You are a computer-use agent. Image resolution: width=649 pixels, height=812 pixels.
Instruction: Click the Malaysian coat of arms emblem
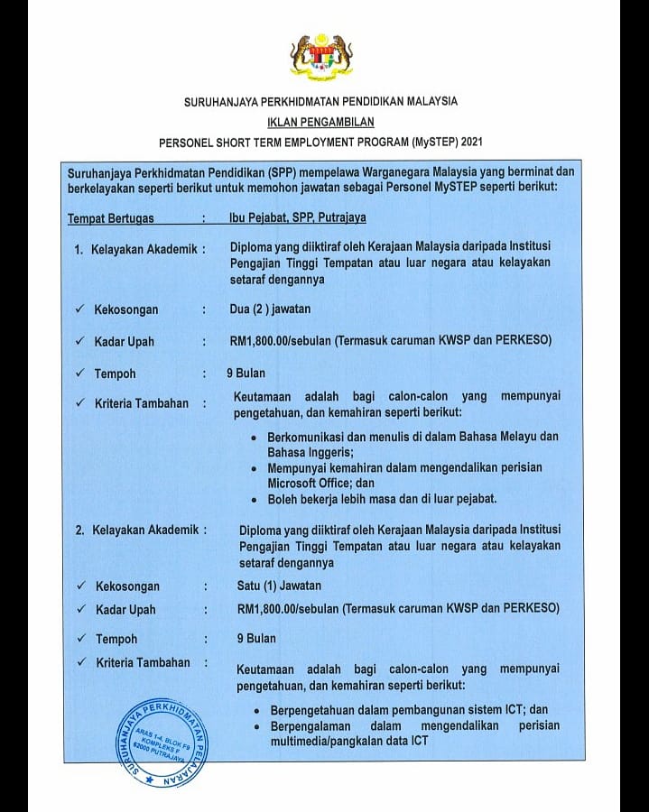(x=320, y=57)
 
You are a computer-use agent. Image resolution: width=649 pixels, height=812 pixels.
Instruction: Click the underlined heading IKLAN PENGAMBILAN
(x=320, y=121)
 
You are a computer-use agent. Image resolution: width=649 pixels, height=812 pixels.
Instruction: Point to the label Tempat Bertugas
(x=111, y=218)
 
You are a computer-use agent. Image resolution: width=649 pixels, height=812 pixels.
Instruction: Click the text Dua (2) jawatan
(x=270, y=309)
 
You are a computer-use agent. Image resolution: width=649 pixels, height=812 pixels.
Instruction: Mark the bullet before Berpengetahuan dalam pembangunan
(x=259, y=710)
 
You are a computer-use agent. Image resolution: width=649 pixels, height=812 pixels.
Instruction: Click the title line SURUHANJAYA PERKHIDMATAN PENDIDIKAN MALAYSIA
(x=320, y=101)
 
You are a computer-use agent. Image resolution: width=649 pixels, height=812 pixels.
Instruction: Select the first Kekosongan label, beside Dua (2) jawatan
(x=126, y=309)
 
